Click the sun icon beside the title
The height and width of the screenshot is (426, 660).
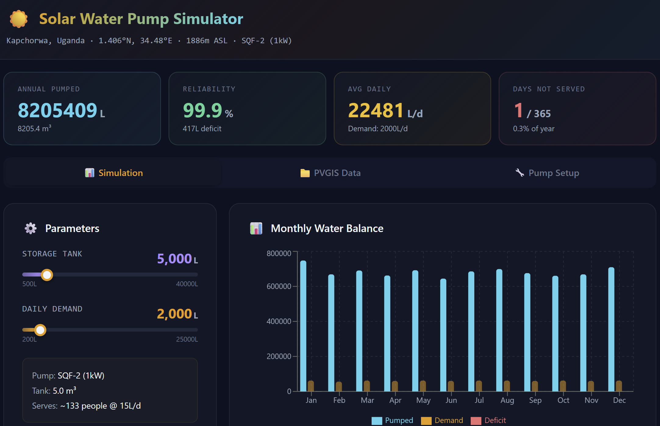[19, 19]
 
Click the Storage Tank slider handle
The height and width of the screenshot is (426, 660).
[47, 275]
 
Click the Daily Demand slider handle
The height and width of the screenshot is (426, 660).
[40, 330]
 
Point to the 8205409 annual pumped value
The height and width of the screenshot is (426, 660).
[58, 110]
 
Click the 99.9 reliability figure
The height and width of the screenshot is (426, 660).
[202, 110]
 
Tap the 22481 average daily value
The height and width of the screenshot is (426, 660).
[376, 110]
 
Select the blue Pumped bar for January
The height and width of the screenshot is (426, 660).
[303, 326]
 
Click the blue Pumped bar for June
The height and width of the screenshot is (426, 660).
[443, 335]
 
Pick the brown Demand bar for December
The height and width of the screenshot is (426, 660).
[619, 386]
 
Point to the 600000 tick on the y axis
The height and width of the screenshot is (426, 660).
[279, 286]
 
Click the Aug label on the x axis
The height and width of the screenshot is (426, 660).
[507, 400]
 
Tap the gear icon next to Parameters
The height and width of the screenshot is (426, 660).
[30, 228]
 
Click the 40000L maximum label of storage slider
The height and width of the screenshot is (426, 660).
[187, 284]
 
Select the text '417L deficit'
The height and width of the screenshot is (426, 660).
[202, 129]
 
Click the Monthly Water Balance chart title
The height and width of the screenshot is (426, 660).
[327, 228]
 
